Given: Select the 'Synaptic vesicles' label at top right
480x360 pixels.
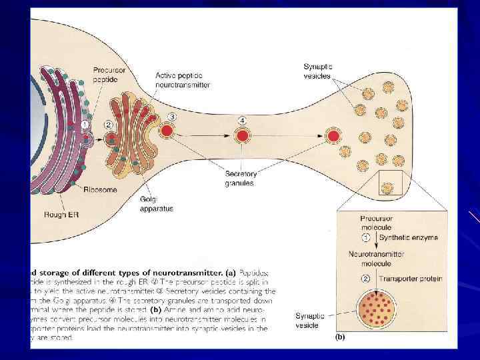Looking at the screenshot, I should point(318,70).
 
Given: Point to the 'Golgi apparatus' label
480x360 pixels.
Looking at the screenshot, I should point(157,204).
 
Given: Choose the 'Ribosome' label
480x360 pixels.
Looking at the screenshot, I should point(100,189).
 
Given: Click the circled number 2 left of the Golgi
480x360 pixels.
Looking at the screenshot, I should point(109,125).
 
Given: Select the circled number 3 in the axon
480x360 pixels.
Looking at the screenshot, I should point(172,117).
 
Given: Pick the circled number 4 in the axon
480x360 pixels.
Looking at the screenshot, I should point(243,120).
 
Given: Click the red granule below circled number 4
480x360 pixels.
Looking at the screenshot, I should point(243,136).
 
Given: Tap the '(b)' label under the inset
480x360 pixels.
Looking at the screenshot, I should point(340,337).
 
